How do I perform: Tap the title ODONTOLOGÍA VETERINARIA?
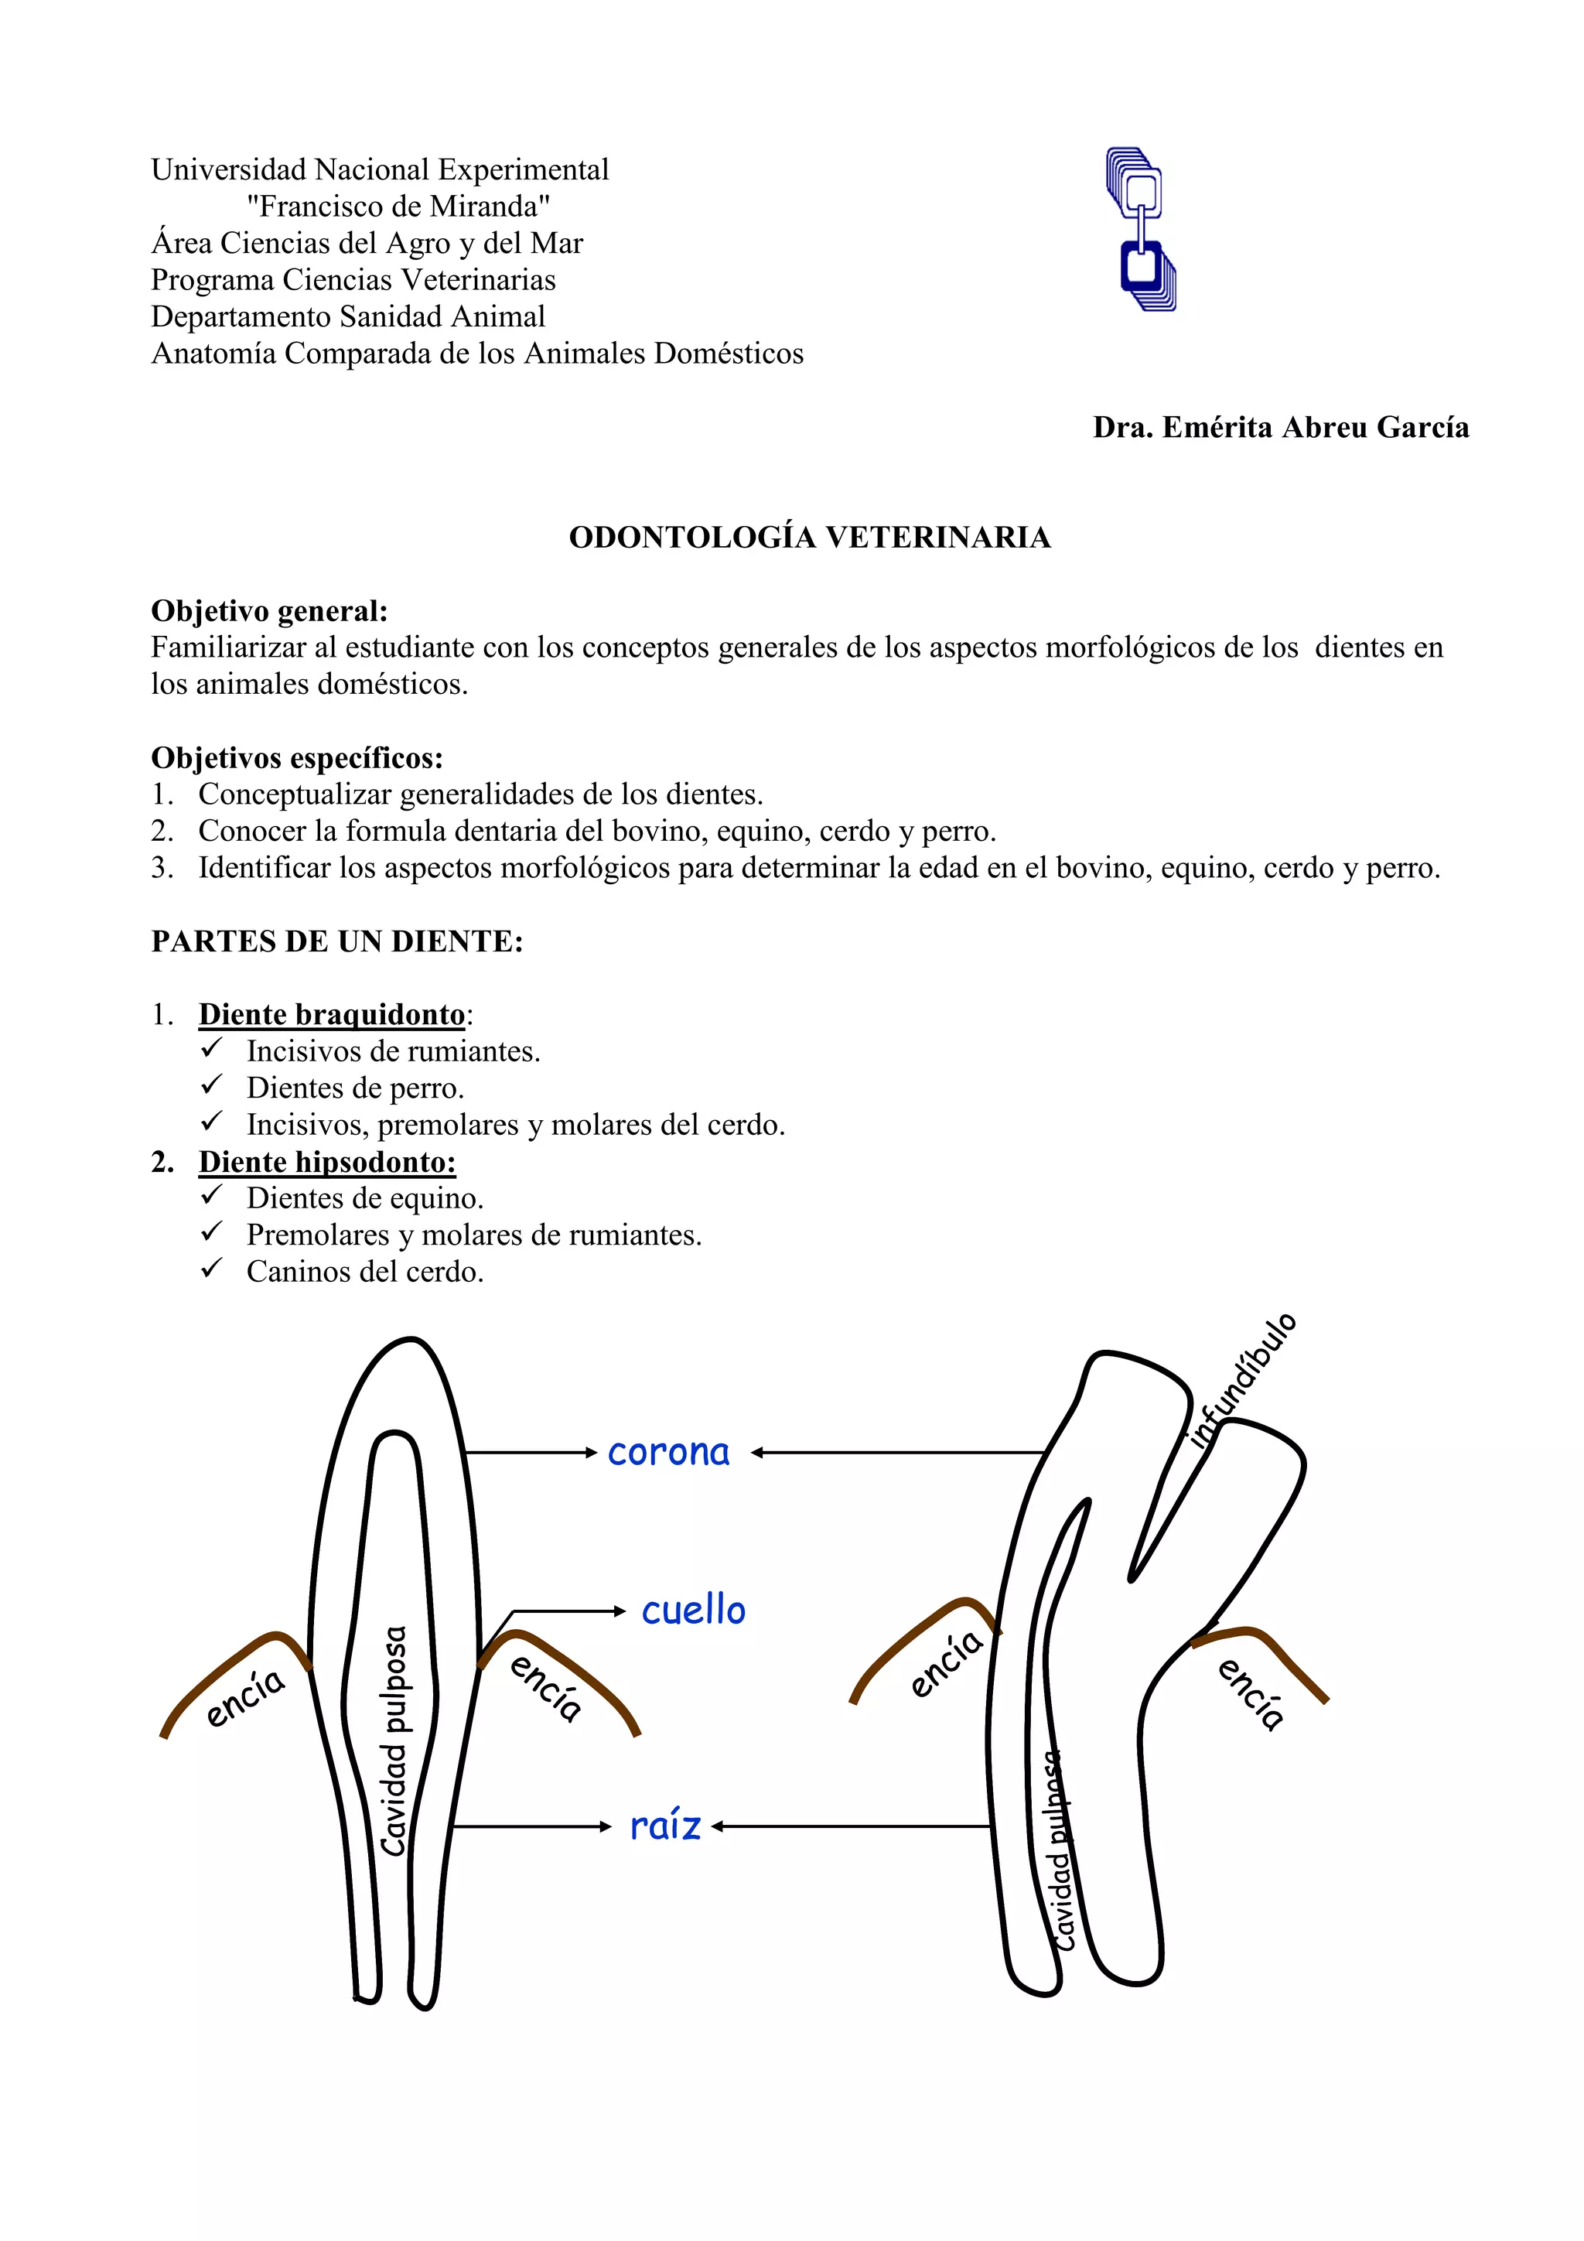[x=809, y=538]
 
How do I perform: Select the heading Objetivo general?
[x=269, y=611]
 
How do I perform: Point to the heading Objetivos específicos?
[x=297, y=757]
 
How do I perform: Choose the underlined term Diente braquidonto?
[x=332, y=1014]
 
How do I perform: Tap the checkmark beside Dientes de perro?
[x=212, y=1085]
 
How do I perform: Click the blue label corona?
[x=668, y=1452]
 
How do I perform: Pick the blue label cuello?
[x=693, y=1611]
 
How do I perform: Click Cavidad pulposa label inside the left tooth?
[x=394, y=1742]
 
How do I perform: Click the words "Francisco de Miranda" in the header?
[x=398, y=206]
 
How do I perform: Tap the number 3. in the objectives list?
[x=162, y=868]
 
